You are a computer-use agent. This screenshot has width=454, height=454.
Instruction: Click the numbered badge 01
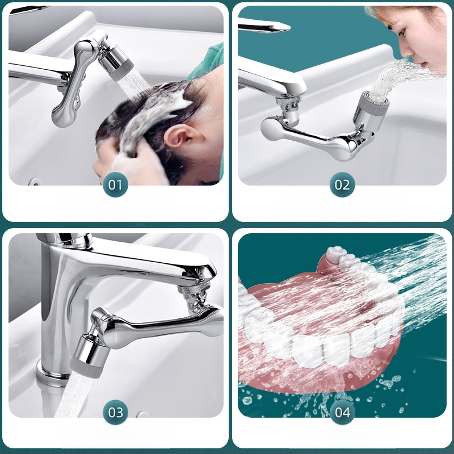pos(115,185)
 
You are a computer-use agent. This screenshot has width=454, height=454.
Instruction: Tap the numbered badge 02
pos(342,185)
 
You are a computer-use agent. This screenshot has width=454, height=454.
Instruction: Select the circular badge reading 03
pos(115,413)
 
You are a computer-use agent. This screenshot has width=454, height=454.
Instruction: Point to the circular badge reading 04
pos(342,413)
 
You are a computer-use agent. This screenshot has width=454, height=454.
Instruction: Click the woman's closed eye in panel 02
pos(401,32)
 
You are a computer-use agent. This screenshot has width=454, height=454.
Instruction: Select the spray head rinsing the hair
pos(115,61)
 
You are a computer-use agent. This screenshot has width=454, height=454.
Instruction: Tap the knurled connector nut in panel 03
pos(192,289)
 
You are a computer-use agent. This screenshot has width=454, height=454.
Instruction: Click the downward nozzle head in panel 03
pos(87,356)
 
